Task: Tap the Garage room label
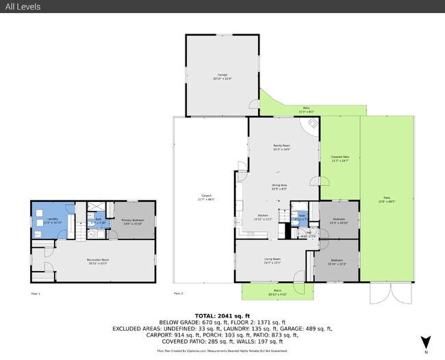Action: pyautogui.click(x=222, y=75)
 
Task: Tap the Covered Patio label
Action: pyautogui.click(x=340, y=158)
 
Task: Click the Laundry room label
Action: pyautogui.click(x=53, y=221)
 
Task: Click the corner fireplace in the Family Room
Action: pyautogui.click(x=312, y=125)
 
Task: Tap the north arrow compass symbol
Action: pyautogui.click(x=426, y=341)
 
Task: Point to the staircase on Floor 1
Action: pyautogui.click(x=81, y=235)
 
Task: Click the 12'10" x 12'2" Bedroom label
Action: pyautogui.click(x=337, y=261)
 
